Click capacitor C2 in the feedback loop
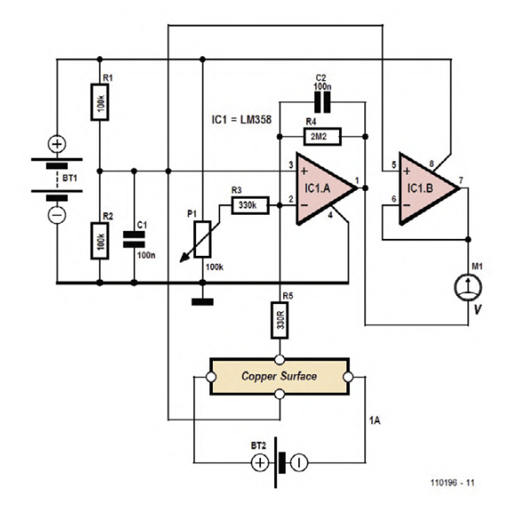point(323,104)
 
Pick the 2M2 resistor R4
point(322,136)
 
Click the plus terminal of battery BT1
point(57,143)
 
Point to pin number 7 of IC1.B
point(460,181)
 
